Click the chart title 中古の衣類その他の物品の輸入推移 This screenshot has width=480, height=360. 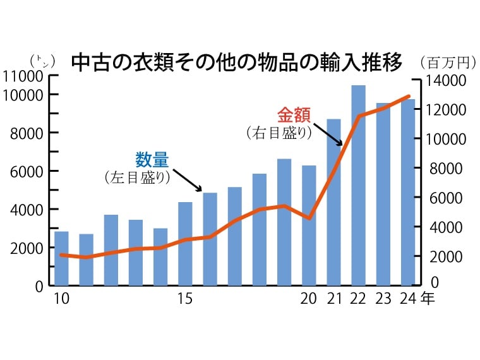237,63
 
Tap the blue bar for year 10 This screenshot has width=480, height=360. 61,258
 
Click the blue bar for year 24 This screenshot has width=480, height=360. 408,192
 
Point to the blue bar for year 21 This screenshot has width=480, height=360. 333,202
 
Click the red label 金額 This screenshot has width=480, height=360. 294,116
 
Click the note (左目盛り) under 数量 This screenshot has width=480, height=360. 138,177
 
